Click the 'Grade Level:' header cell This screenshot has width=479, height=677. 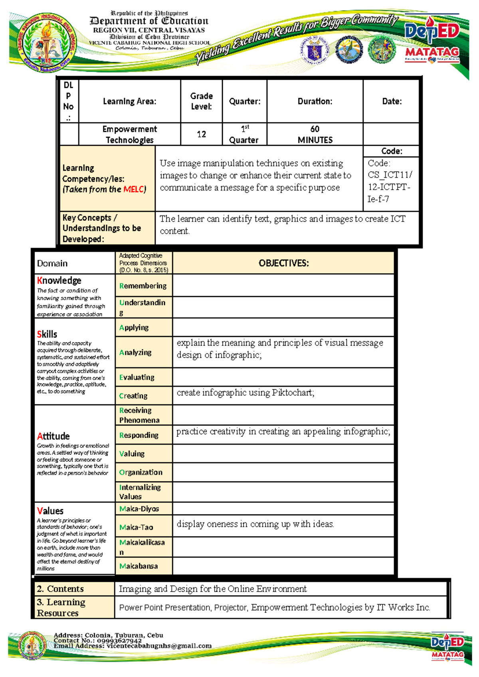pos(201,101)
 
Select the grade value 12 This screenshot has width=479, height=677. pos(201,134)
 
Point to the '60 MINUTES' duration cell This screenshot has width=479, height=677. pos(315,134)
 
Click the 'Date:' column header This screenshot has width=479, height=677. pos(392,101)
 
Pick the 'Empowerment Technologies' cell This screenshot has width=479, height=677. pos(129,134)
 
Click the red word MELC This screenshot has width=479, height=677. pos(133,189)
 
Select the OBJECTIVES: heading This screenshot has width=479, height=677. pos(283,263)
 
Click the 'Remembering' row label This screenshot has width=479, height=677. pos(143,286)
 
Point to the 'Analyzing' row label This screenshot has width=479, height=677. pos(135,352)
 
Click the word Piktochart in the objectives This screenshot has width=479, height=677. pos(293,393)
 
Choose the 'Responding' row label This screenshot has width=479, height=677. pos(139,435)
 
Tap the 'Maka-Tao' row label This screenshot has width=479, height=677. pos(136,527)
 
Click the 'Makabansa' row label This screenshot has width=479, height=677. pos(138,566)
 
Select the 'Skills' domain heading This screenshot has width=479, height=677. pos(47,334)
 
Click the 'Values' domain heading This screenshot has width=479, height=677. pos(50,511)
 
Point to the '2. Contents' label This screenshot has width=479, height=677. pos(60,589)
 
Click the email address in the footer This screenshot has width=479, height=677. pos(159,646)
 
